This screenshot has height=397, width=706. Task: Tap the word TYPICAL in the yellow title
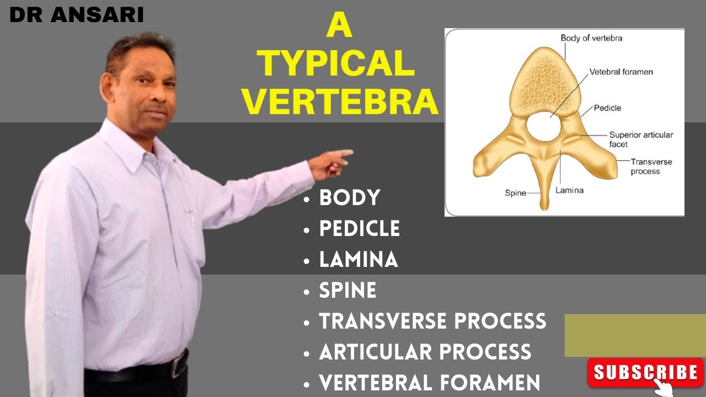[x=338, y=64]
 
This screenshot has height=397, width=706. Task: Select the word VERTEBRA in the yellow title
[x=341, y=101]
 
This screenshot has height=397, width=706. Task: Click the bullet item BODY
[x=350, y=197]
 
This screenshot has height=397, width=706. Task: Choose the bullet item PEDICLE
[x=360, y=228]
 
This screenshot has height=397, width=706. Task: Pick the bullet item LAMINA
[x=359, y=259]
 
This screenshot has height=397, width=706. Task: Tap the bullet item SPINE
[x=347, y=290]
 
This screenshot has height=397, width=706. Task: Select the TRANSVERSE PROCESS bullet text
[x=432, y=321]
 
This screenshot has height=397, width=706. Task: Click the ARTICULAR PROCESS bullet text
[x=425, y=352]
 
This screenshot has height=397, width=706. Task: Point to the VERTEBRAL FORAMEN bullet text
[x=429, y=382]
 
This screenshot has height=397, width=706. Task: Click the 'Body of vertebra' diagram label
[x=591, y=38]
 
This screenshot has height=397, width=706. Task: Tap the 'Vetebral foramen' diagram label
[x=621, y=72]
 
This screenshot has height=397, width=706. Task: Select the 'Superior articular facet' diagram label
[x=641, y=139]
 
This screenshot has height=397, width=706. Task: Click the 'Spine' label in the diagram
[x=515, y=193]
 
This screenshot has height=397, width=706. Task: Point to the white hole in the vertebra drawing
[x=543, y=126]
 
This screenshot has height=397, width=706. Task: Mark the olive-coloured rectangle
[x=635, y=335]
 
